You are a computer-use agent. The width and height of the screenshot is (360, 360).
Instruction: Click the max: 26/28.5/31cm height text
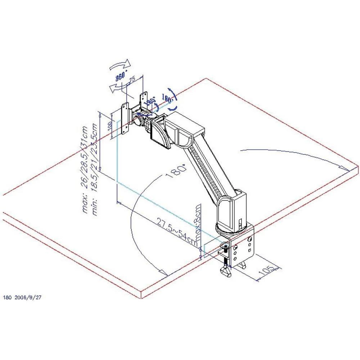click(x=85, y=169)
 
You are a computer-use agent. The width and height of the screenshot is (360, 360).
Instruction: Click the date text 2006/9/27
click(x=30, y=297)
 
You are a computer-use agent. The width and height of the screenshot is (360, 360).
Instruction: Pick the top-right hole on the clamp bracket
click(x=250, y=238)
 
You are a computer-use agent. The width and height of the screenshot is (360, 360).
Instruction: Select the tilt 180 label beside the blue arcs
click(x=168, y=98)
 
